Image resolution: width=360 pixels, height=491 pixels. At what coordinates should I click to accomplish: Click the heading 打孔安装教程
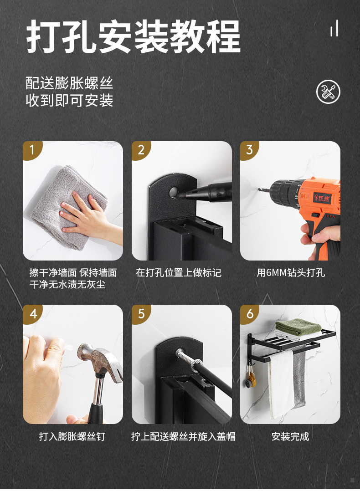pos(133,36)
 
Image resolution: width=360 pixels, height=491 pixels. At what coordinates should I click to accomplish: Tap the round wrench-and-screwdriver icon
pos(328,92)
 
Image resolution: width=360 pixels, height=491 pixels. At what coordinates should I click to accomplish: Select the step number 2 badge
pos(141,150)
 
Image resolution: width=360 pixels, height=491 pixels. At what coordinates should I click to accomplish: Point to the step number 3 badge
pos(249,150)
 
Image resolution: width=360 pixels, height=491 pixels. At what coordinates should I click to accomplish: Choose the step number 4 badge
pos(32,314)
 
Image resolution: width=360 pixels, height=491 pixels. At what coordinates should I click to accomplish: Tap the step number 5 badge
pos(141,314)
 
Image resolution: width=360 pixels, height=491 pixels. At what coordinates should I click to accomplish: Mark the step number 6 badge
pos(249,314)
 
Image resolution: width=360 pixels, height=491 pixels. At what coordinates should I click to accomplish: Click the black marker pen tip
pos(179,194)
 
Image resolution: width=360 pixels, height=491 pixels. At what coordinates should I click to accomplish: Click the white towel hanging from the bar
pos(281,384)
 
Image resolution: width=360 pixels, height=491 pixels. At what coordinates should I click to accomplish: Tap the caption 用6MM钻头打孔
pos(291,272)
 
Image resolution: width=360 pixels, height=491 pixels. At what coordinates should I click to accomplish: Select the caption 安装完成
pos(290,436)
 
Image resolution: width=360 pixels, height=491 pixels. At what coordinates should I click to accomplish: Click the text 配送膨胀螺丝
pos(69,83)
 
